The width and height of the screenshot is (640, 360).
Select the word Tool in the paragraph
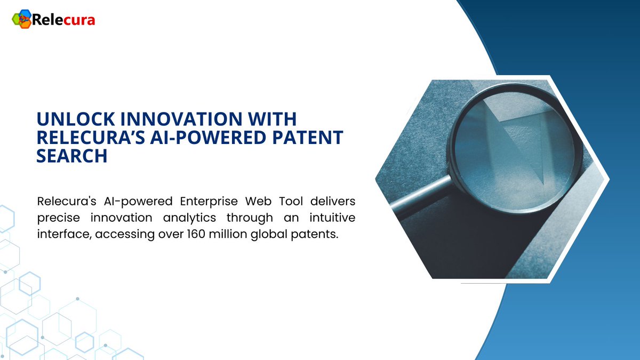coord(291,202)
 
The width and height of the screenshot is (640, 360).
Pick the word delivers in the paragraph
coord(334,202)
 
